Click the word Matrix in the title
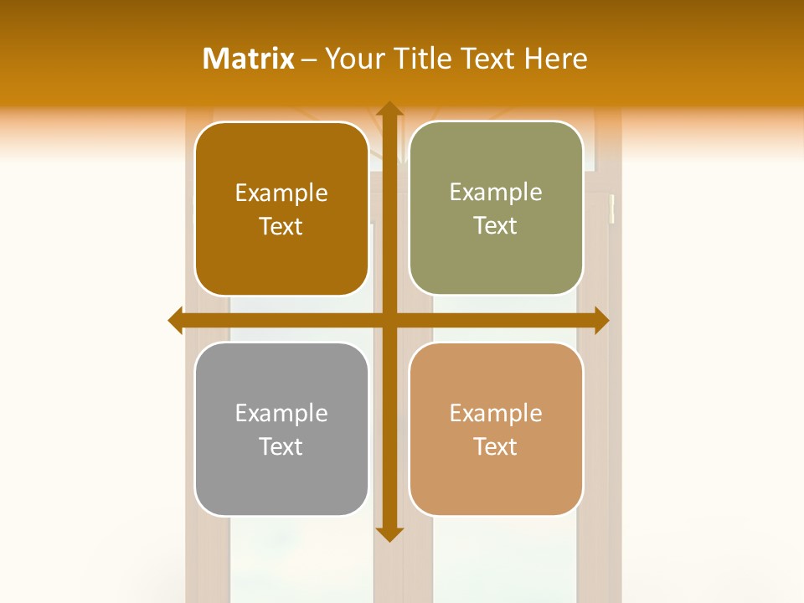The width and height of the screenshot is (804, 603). [249, 59]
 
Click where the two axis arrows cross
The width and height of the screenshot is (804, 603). [389, 320]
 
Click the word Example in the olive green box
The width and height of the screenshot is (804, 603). [496, 193]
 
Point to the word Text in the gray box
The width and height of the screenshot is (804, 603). [281, 446]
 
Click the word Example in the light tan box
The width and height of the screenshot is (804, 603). [496, 413]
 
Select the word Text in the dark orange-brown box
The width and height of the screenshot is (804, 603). [281, 226]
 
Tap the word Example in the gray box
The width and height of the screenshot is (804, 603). [281, 413]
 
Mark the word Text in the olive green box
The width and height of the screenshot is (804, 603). [496, 226]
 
